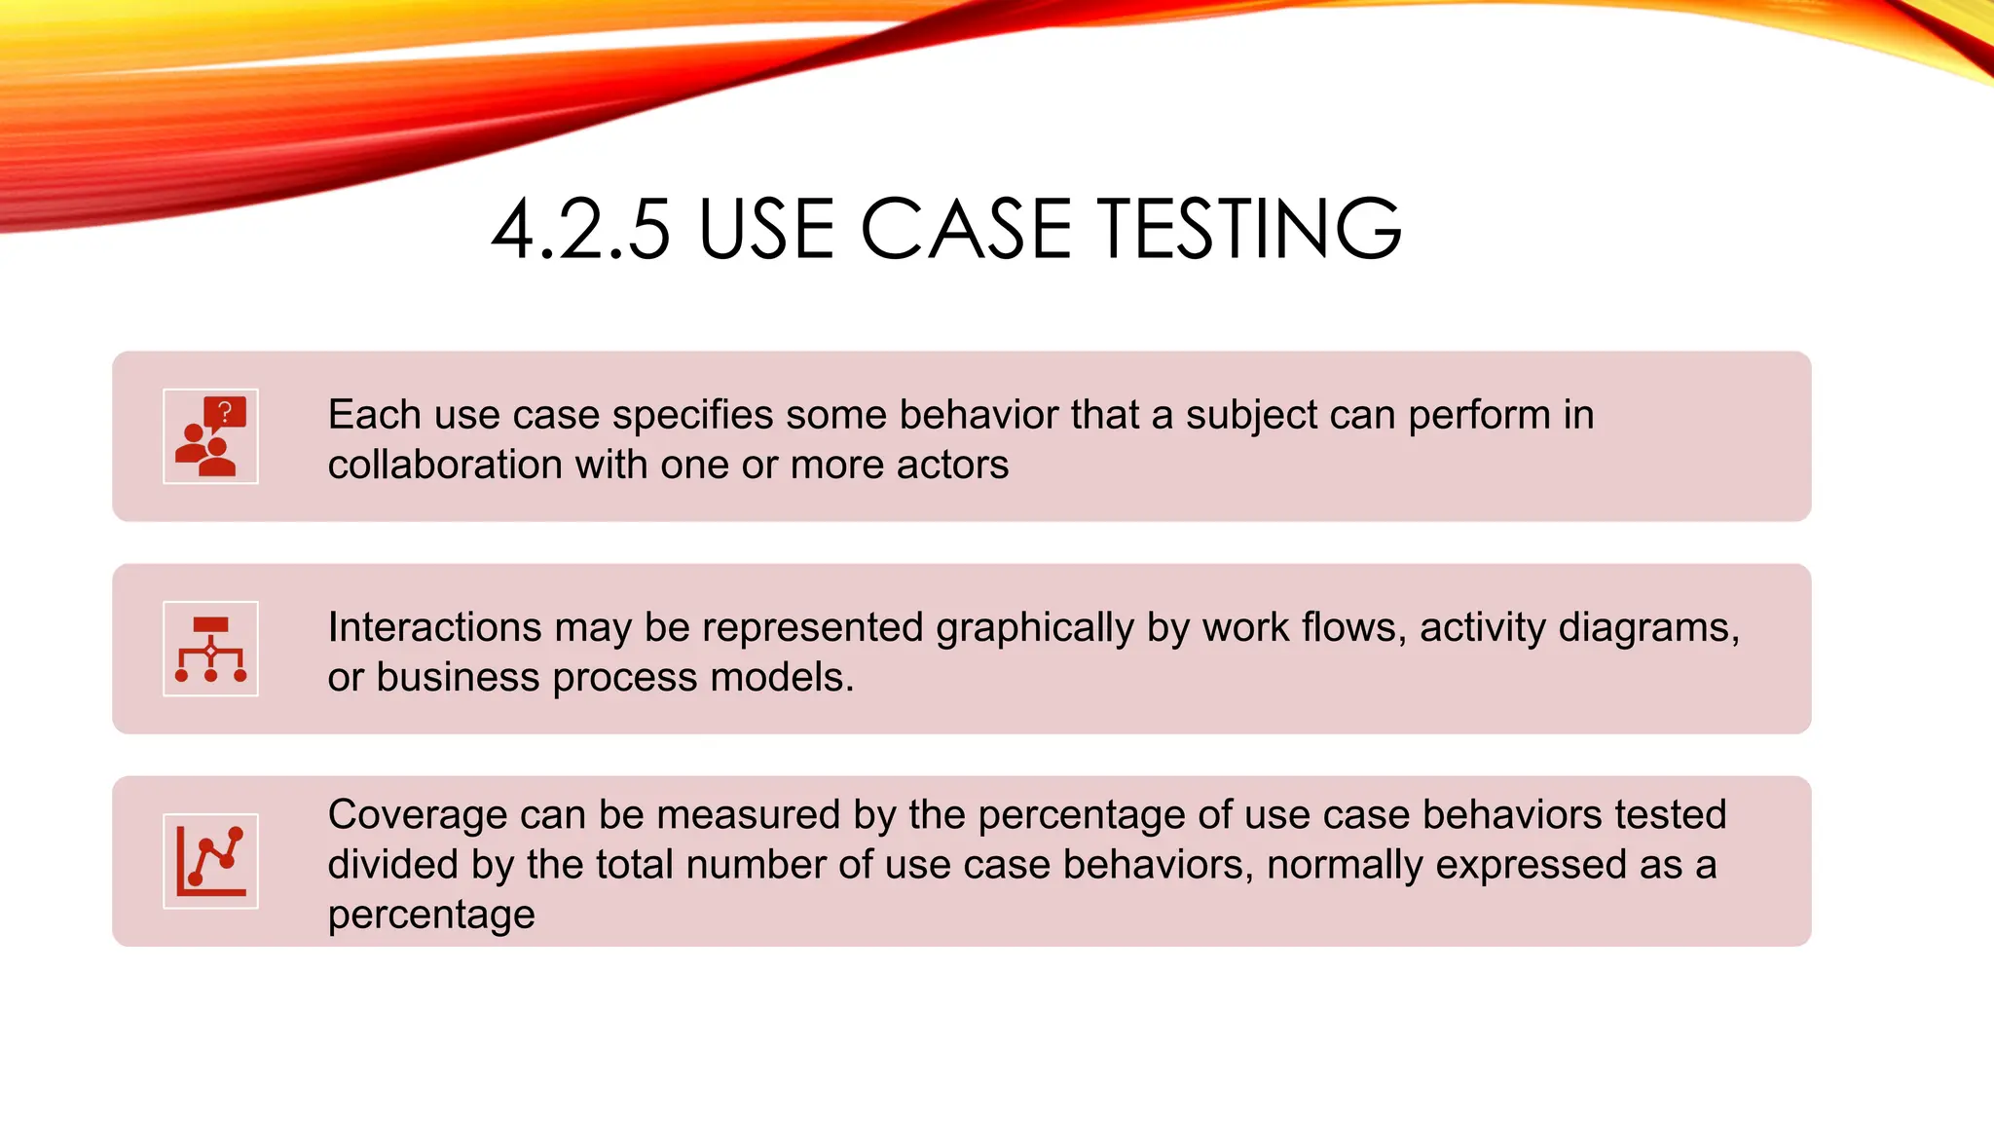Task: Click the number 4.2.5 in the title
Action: coord(581,230)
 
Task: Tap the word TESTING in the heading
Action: coord(1250,230)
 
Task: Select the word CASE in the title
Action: coord(966,230)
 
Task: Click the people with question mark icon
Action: coord(210,436)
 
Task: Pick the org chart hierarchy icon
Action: coord(210,649)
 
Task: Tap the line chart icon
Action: coord(210,861)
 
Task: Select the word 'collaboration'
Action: coord(445,465)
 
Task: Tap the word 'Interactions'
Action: coord(434,627)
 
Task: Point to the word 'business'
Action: coord(458,677)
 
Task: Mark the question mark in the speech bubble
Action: coord(225,412)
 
